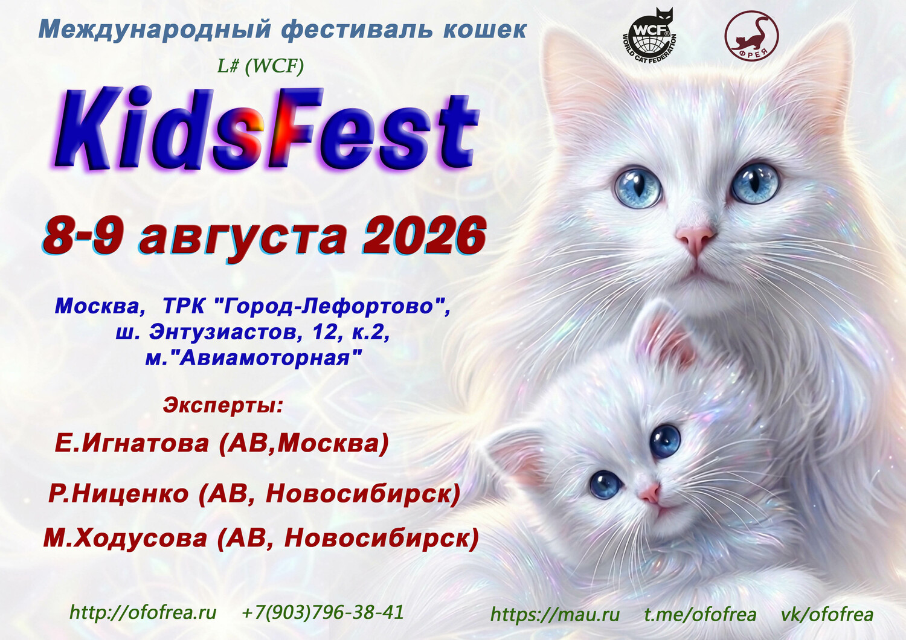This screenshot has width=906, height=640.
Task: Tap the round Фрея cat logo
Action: [751, 35]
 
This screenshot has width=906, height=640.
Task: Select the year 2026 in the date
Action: [425, 236]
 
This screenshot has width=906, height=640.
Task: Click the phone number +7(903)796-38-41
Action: [323, 612]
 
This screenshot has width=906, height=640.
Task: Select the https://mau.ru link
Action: [555, 615]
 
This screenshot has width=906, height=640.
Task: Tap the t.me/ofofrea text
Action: [700, 615]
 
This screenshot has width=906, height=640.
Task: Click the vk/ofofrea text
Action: [827, 615]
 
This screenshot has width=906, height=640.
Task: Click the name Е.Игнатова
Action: [132, 444]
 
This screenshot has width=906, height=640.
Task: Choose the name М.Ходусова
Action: [125, 539]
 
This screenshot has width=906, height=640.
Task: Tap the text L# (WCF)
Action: [260, 66]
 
